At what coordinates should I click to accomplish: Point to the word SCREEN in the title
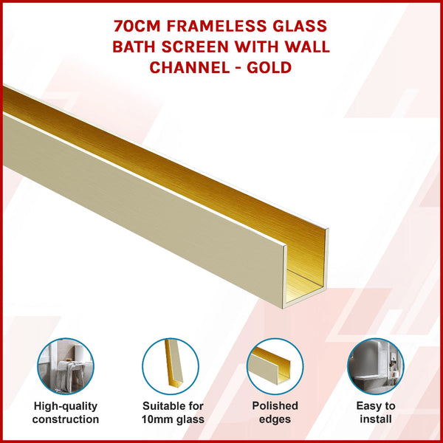coord(220,47)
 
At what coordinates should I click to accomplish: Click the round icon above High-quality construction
coord(65,367)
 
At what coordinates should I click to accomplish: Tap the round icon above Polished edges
coord(275,367)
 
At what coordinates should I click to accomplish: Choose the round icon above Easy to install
coord(375,367)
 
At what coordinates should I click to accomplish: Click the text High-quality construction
coord(66,413)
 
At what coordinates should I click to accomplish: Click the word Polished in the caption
coord(275,406)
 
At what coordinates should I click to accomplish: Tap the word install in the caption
coord(376,419)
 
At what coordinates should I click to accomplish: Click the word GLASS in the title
coord(300,27)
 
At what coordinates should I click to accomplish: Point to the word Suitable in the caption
coord(162,406)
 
